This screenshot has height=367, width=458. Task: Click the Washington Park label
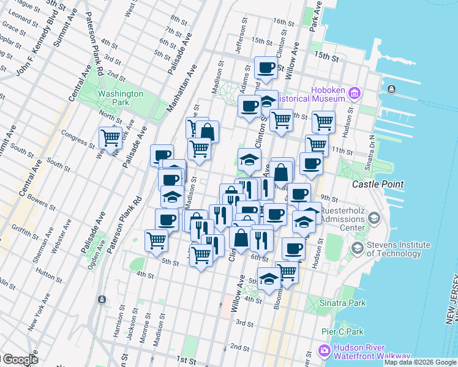121,98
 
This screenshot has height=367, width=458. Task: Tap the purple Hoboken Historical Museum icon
354,94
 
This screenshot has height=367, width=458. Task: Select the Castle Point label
378,184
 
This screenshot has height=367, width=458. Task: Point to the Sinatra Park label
344,303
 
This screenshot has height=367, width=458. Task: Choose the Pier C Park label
342,332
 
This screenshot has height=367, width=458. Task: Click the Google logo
20,360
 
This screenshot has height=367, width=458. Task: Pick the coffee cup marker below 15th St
266,69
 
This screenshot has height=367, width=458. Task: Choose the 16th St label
283,22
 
